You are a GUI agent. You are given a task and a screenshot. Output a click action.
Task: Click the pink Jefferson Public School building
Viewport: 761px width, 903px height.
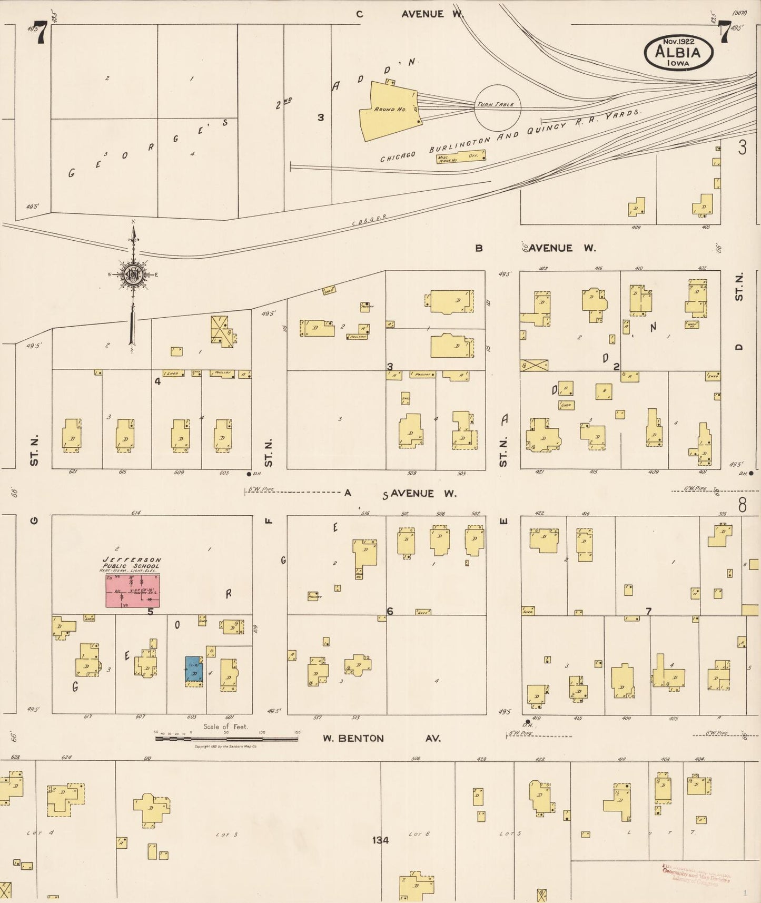tap(133, 590)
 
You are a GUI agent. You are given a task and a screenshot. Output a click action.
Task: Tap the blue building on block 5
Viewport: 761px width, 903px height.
tap(194, 670)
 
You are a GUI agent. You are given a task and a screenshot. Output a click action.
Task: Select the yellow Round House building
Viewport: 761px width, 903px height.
tap(389, 111)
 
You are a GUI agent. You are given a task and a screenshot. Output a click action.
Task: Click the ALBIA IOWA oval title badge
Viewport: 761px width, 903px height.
tap(678, 52)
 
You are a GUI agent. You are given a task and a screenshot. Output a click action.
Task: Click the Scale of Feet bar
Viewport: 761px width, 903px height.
tap(226, 739)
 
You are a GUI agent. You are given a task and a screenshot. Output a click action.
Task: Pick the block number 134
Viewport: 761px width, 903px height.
tap(380, 840)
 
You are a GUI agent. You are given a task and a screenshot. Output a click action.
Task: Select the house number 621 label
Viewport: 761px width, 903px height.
tap(73, 473)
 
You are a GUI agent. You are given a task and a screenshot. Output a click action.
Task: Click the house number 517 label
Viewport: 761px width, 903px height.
tap(318, 718)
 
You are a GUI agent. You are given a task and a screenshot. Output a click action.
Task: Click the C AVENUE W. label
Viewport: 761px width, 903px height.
tap(408, 14)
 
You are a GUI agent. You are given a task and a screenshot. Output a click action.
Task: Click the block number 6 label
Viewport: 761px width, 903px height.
tap(390, 611)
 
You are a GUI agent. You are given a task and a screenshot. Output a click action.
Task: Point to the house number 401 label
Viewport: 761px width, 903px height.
tap(702, 472)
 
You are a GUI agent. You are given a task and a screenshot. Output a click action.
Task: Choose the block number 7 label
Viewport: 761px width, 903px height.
tap(649, 611)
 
